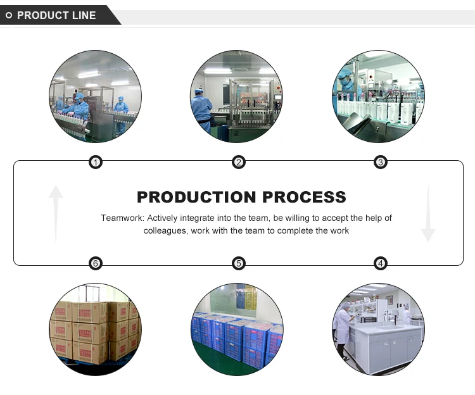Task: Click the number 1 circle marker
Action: [95, 163]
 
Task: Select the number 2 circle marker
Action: [239, 163]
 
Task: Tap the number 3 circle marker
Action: [381, 163]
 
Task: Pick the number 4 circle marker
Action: [381, 263]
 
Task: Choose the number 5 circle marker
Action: [239, 263]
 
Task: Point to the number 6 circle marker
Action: [95, 263]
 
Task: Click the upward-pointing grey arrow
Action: [56, 212]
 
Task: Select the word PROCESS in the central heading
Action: [304, 197]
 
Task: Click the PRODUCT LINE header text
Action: [56, 15]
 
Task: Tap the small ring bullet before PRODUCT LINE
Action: [9, 15]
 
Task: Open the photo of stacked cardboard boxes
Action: [95, 329]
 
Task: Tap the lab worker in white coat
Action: [343, 326]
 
